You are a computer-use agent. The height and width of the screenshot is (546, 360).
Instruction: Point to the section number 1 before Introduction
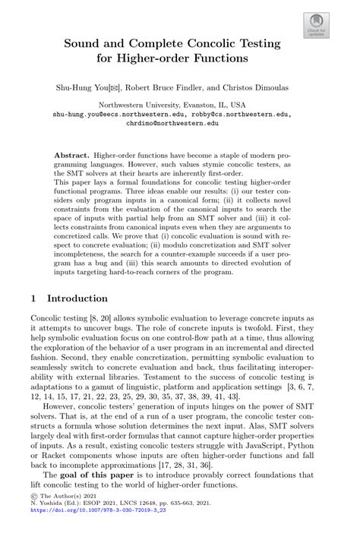click(33, 298)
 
